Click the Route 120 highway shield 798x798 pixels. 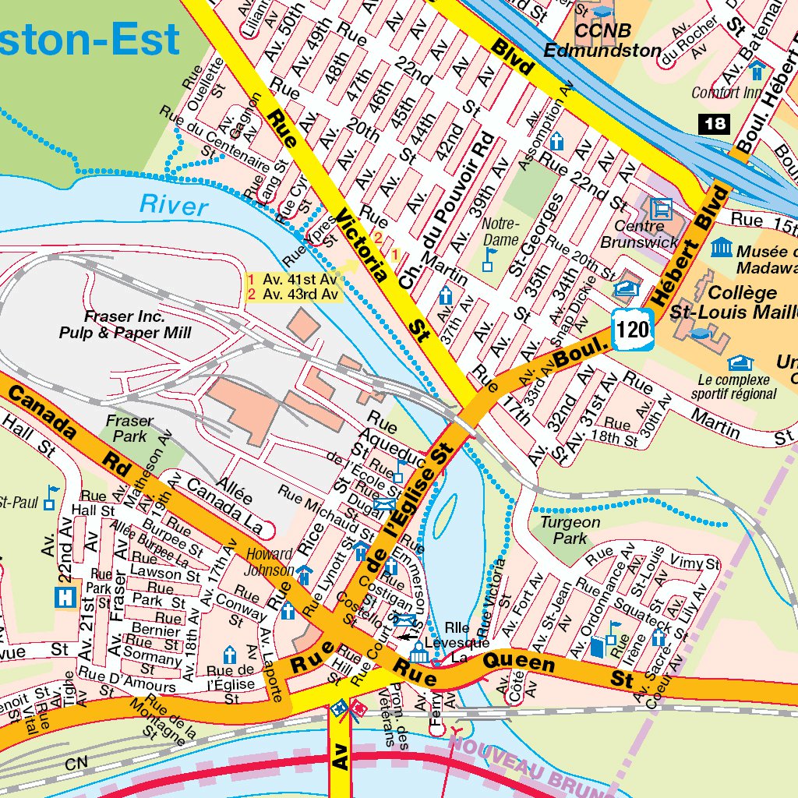(x=632, y=329)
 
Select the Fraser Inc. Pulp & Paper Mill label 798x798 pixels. (x=125, y=325)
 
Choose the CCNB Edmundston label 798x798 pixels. (x=602, y=41)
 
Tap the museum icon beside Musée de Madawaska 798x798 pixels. (x=722, y=248)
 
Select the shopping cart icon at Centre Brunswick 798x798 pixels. (x=662, y=208)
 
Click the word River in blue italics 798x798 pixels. (x=174, y=206)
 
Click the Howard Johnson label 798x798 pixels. (x=270, y=562)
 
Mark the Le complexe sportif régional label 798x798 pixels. (x=733, y=387)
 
